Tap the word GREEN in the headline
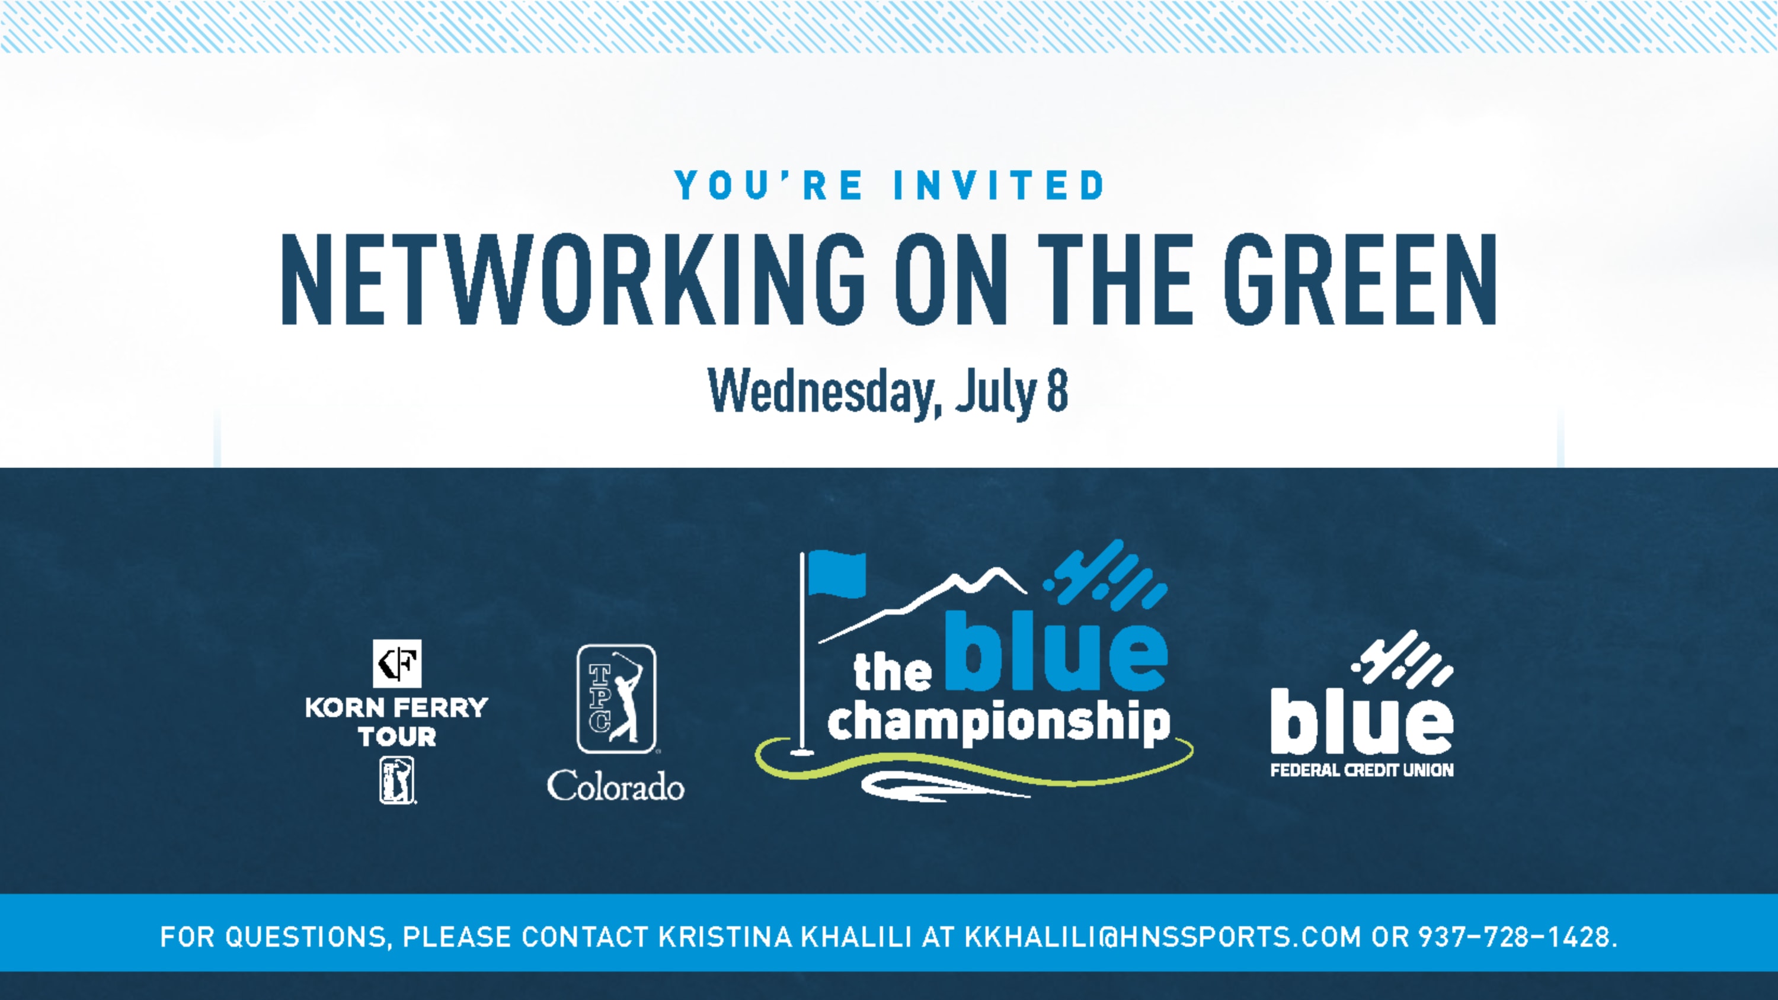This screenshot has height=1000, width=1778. [1360, 279]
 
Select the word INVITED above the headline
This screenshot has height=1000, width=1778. [999, 185]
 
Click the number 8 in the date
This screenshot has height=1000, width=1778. [1057, 390]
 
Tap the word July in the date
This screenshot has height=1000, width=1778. [996, 393]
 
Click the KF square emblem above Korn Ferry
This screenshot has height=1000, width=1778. [397, 664]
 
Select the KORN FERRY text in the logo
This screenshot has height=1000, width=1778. [397, 707]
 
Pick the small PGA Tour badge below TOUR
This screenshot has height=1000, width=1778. [397, 780]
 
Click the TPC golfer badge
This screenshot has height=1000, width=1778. [616, 698]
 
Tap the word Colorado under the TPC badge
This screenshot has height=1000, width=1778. [616, 786]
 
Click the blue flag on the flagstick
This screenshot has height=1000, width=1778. [836, 573]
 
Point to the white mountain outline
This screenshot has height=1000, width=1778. [922, 604]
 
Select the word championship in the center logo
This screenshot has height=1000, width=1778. [999, 722]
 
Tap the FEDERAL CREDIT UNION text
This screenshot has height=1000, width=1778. [1362, 770]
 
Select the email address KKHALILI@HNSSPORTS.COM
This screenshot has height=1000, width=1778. [1162, 937]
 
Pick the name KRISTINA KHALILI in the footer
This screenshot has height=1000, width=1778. [785, 937]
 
